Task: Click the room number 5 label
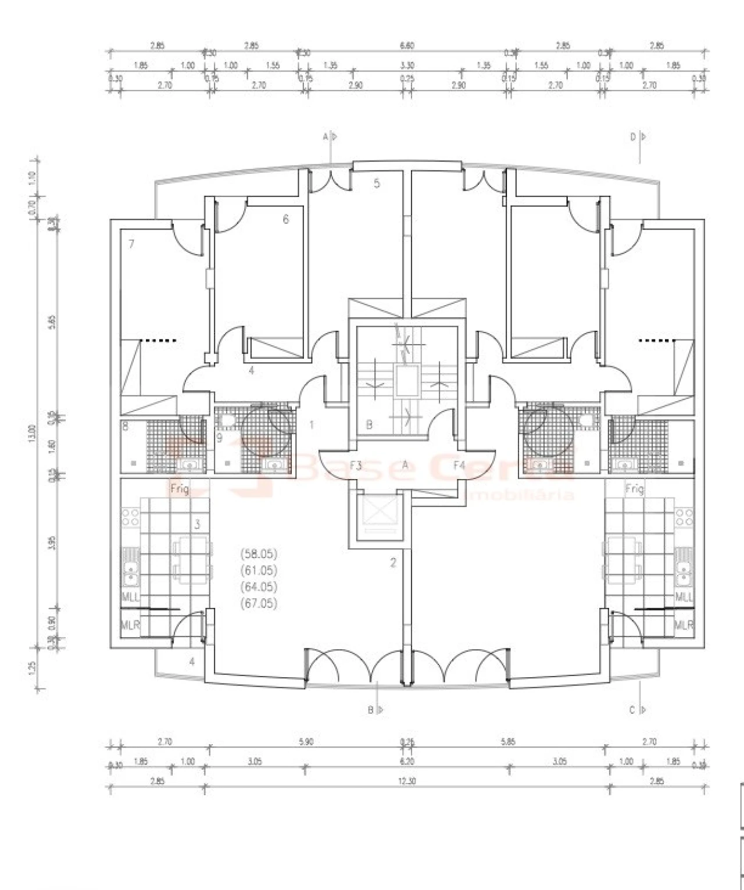(x=377, y=184)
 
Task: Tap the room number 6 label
(x=285, y=219)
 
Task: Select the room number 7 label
(x=131, y=244)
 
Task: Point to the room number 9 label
(x=219, y=438)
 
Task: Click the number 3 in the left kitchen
(x=197, y=524)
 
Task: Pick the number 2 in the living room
(x=393, y=562)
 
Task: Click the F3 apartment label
(x=356, y=465)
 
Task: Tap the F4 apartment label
(x=459, y=465)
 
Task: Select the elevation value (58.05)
(x=259, y=553)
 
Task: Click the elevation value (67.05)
(x=259, y=603)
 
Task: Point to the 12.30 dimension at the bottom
(x=407, y=781)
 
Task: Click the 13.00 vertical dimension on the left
(x=31, y=433)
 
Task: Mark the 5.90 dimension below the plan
(x=305, y=742)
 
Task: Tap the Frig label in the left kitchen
(x=180, y=489)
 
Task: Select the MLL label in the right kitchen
(x=684, y=597)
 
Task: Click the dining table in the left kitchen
(x=191, y=560)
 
